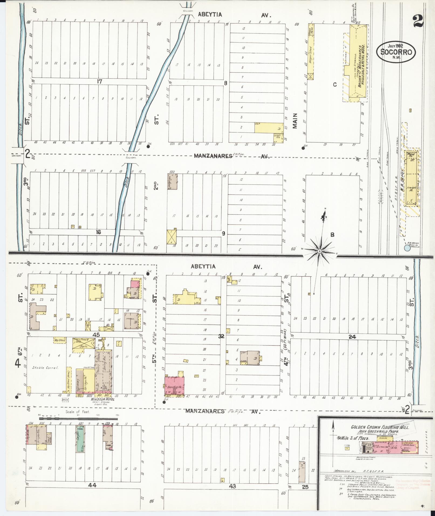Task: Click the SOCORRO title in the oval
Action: click(396, 52)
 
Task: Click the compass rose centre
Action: click(319, 251)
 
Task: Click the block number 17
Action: click(100, 81)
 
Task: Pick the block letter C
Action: click(335, 84)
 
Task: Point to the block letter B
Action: click(332, 235)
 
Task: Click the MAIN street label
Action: click(295, 121)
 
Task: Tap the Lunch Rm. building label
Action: click(277, 136)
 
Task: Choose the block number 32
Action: click(221, 336)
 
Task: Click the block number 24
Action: click(352, 337)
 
